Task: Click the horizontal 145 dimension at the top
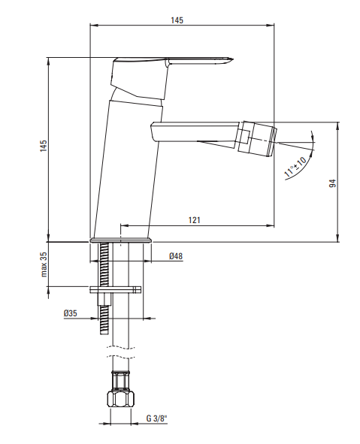coord(177,20)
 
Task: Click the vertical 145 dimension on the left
coord(44,146)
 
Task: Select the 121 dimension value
coord(195,220)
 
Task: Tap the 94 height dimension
coord(333,183)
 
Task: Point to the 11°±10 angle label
coord(295,167)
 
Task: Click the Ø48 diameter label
coord(176,256)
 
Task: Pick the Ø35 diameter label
coord(70,313)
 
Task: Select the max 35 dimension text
coord(44,264)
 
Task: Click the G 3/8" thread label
coord(157,418)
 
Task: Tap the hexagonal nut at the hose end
coord(121,399)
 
